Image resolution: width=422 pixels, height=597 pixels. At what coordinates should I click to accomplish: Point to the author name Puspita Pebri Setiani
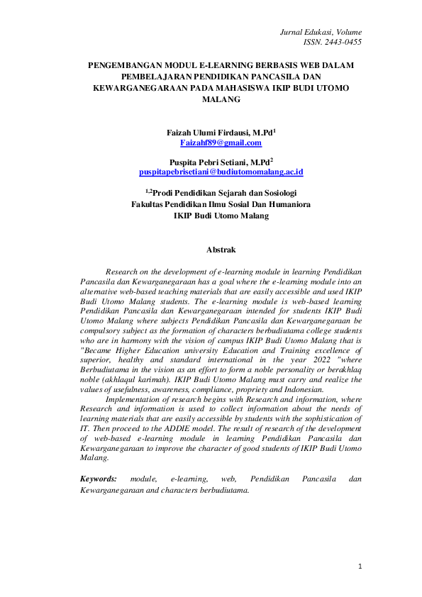[x=208, y=162]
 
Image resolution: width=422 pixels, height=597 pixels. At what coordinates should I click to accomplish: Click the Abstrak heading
[x=221, y=250]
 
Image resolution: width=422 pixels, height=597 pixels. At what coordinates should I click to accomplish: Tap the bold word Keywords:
[x=99, y=479]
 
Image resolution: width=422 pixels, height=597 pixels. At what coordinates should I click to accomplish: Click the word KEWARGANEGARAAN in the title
[x=140, y=88]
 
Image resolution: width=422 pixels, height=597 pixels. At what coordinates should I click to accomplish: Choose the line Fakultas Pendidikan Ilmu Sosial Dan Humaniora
[x=221, y=204]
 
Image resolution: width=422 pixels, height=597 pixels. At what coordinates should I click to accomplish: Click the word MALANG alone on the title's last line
[x=221, y=100]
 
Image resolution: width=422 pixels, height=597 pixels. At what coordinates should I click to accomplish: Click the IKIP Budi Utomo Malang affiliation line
[x=221, y=216]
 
